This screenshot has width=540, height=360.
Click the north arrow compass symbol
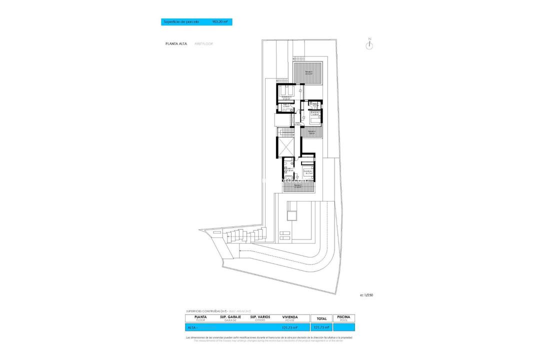click(x=369, y=44)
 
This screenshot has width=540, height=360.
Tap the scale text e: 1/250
click(x=366, y=295)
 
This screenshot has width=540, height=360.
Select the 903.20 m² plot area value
click(x=220, y=22)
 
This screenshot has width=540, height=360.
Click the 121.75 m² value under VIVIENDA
click(x=290, y=328)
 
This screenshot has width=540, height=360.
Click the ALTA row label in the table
click(x=192, y=328)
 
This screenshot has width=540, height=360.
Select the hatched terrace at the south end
click(x=298, y=187)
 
